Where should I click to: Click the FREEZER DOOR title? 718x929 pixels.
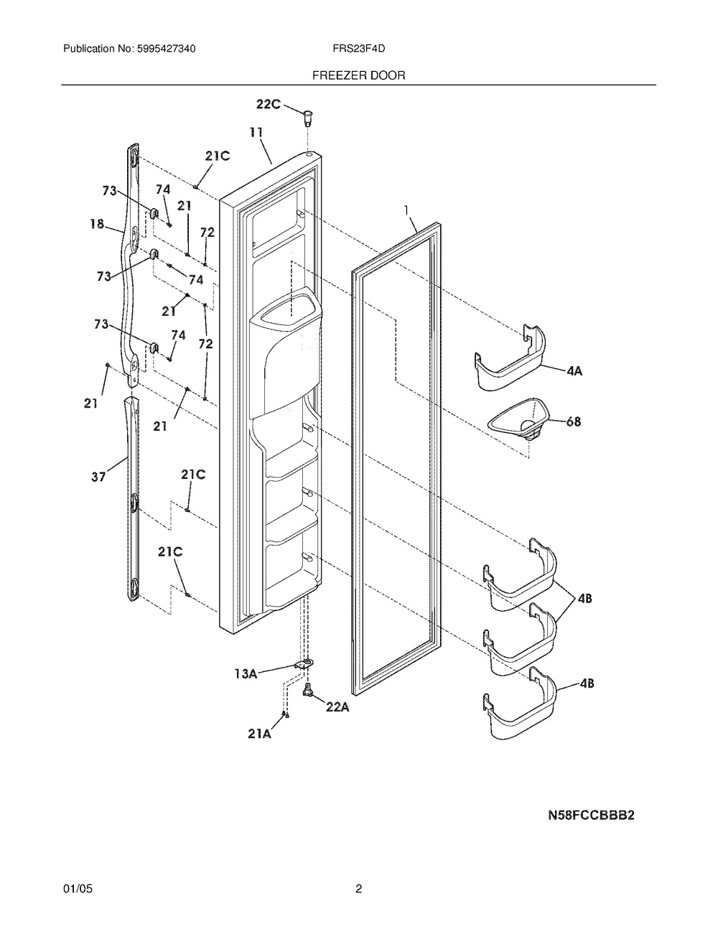click(x=358, y=75)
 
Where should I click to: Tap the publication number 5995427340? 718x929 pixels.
click(x=167, y=49)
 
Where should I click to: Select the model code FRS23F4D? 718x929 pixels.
click(x=359, y=49)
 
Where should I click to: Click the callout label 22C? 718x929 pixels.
click(x=269, y=104)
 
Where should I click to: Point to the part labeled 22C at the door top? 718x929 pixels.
click(x=307, y=118)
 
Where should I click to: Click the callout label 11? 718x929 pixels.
click(x=256, y=133)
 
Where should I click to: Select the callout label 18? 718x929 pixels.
click(x=97, y=223)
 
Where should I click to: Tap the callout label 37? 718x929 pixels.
click(x=98, y=476)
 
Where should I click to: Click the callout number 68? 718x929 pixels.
click(x=574, y=421)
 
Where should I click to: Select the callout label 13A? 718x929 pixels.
click(x=246, y=674)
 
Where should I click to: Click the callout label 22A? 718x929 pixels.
click(x=337, y=708)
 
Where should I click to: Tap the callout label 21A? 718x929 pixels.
click(x=259, y=734)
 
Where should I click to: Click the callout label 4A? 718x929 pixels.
click(x=574, y=371)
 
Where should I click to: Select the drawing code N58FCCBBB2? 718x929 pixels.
click(x=592, y=816)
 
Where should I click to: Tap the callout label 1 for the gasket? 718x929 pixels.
click(x=406, y=210)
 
